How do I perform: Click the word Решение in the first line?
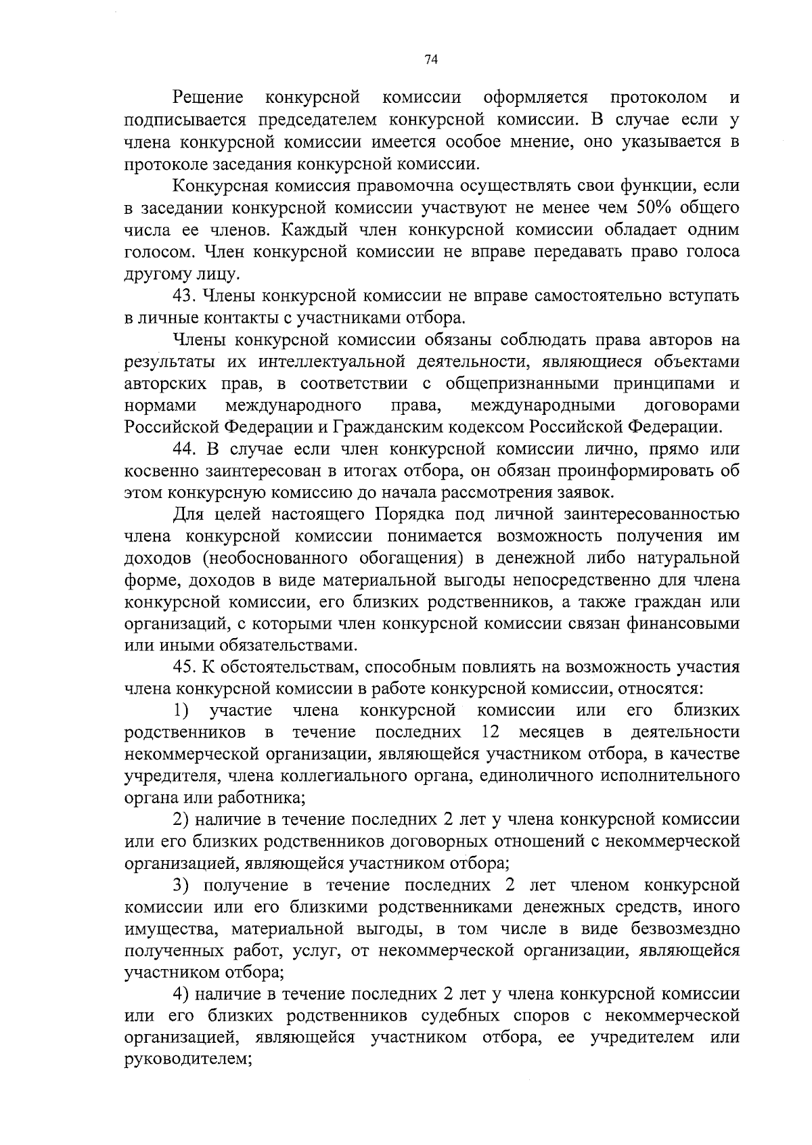pyautogui.click(x=208, y=98)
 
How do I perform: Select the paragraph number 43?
pyautogui.click(x=184, y=296)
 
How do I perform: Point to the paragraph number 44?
pyautogui.click(x=184, y=449)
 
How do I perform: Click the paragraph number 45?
pyautogui.click(x=184, y=668)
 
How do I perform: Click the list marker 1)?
pyautogui.click(x=181, y=711)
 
